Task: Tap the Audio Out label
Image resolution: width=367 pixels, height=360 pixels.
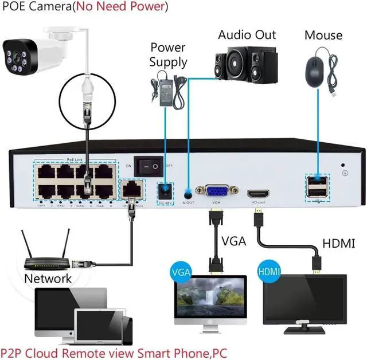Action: click(247, 35)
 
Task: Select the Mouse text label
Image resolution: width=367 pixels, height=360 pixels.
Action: click(323, 35)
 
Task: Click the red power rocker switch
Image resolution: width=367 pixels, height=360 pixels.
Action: click(151, 166)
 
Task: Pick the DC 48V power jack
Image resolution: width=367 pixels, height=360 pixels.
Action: click(166, 191)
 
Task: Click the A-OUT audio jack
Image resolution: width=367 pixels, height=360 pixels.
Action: click(188, 193)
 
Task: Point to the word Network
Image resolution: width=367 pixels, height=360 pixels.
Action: click(48, 279)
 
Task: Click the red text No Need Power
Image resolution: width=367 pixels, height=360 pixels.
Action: click(126, 7)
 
